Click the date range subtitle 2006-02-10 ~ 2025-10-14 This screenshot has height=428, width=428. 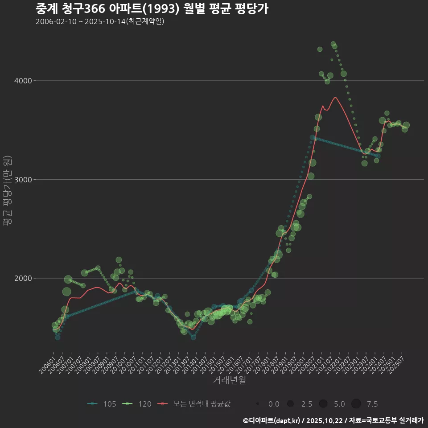[100, 21]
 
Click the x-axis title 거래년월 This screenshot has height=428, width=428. [229, 380]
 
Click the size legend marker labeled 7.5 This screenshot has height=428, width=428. [356, 404]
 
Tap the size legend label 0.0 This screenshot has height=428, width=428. [274, 404]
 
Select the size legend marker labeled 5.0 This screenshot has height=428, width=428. [323, 404]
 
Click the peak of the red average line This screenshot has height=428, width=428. [335, 98]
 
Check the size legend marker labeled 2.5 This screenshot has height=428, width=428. [290, 404]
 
